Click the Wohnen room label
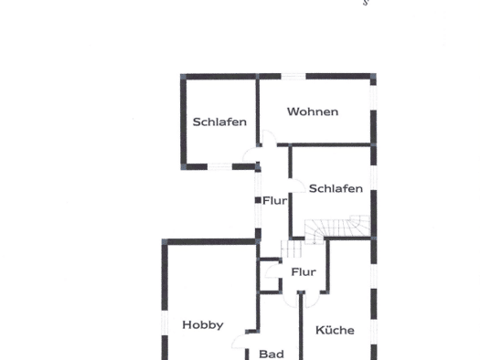tap(313, 111)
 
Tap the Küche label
tap(335, 330)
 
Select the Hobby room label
tap(203, 325)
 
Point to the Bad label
tap(272, 355)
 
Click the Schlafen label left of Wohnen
tap(219, 122)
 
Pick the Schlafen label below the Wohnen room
tap(336, 188)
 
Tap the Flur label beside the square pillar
tap(275, 201)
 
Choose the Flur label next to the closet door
tap(304, 271)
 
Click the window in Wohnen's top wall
tap(293, 76)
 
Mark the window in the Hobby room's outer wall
tap(165, 323)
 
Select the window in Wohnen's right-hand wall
tap(373, 98)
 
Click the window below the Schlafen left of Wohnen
tap(219, 166)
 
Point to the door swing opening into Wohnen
tap(270, 137)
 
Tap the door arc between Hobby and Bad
tap(239, 341)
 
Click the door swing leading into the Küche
tap(313, 300)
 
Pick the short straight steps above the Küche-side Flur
tap(292, 249)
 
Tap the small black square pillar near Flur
tap(258, 200)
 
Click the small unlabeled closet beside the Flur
tap(269, 276)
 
